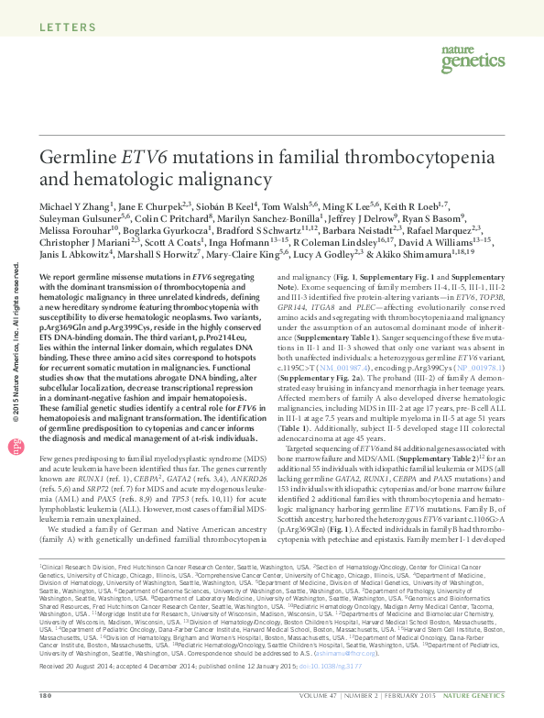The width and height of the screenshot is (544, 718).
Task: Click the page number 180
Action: click(45, 697)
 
